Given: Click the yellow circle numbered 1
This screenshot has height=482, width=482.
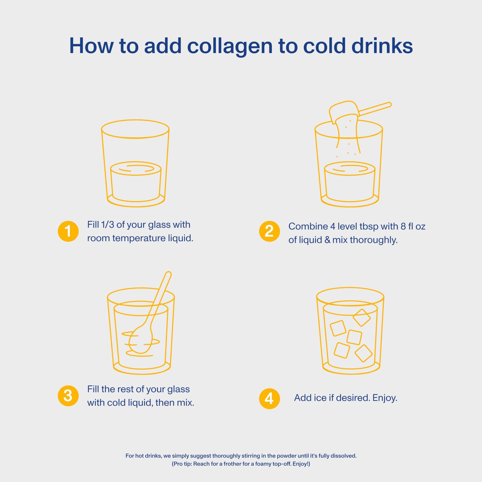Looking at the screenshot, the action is (x=68, y=231).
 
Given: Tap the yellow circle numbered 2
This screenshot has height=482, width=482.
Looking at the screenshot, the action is (x=269, y=231).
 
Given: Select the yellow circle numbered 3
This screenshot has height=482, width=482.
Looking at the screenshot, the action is (x=68, y=396).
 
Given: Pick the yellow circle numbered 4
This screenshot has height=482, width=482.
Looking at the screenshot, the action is (x=269, y=398).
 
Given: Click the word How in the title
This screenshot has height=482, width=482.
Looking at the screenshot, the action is (x=92, y=46).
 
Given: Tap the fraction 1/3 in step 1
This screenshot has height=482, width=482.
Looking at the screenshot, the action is (x=108, y=225).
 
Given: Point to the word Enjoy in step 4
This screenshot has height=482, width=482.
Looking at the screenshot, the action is (x=385, y=398).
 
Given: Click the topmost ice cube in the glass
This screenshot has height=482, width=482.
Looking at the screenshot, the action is (x=361, y=318).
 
